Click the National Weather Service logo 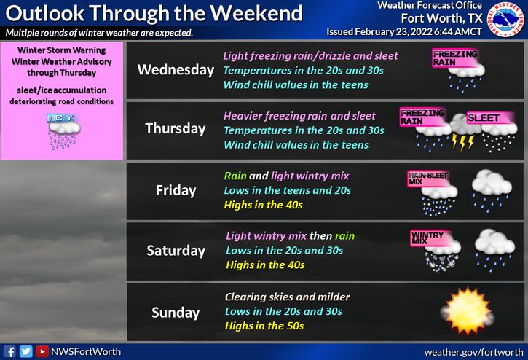[x=506, y=19]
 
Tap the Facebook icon [x=9, y=351]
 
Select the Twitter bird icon [x=25, y=351]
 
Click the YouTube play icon [x=42, y=351]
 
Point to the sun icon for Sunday [x=468, y=311]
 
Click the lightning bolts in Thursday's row [x=462, y=141]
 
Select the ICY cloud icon [x=63, y=131]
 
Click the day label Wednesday [x=176, y=70]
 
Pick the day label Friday [x=176, y=190]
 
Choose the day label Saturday [x=176, y=251]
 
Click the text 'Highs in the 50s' [x=264, y=326]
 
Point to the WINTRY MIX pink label [x=427, y=238]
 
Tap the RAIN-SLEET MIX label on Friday [x=427, y=179]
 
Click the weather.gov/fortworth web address [x=474, y=352]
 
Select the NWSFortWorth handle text [x=86, y=351]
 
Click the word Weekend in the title [x=256, y=14]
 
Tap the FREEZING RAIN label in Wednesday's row [x=454, y=58]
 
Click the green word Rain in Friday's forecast [x=235, y=176]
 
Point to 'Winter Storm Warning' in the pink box [x=62, y=50]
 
